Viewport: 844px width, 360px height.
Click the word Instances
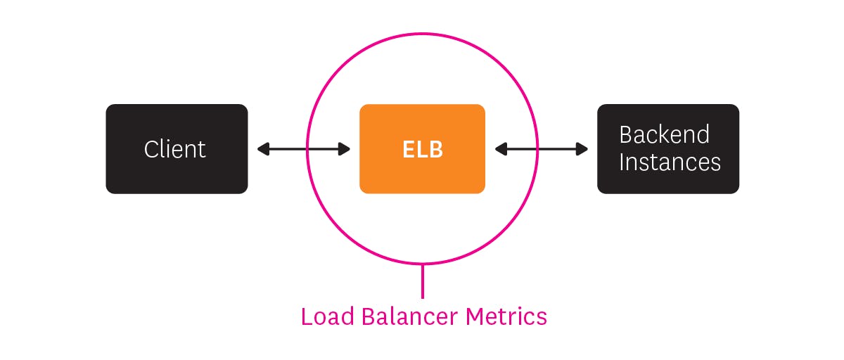[x=670, y=162]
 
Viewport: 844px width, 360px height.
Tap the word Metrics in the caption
[x=506, y=316]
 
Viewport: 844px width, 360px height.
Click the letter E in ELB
[x=408, y=149]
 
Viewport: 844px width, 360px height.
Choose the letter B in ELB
[x=436, y=149]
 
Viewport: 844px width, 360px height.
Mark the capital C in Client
[x=151, y=149]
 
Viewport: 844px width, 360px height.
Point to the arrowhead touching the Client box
[x=262, y=149]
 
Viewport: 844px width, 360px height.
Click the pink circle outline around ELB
[x=422, y=33]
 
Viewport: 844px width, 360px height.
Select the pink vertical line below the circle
[x=422, y=281]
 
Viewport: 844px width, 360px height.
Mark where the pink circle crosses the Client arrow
[x=307, y=149]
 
